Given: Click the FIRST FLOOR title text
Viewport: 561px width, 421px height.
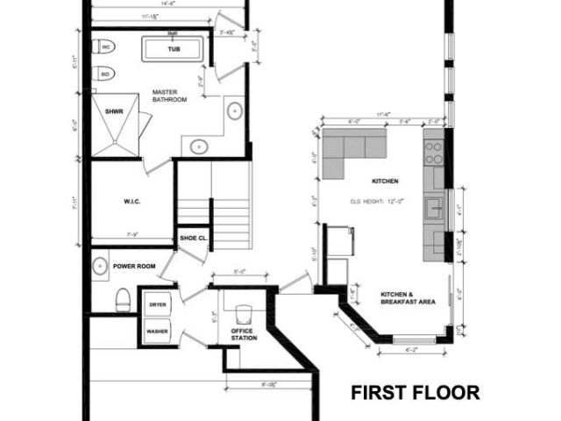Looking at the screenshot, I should click(415, 392).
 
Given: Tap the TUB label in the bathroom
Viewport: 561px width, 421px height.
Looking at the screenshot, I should click(174, 49).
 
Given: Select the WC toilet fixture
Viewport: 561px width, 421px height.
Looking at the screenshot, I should click(103, 46).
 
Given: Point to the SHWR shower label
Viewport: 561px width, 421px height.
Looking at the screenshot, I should click(113, 112).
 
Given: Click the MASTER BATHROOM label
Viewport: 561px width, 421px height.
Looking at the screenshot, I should click(169, 96).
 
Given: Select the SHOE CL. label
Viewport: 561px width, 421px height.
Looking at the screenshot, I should click(193, 238).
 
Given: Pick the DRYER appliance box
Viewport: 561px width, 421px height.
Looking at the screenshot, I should click(158, 304).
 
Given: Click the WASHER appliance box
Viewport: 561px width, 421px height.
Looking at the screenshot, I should click(158, 332).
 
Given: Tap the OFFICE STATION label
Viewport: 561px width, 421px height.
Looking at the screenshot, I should click(243, 334).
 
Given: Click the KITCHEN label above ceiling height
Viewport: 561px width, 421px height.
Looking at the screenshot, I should click(385, 181).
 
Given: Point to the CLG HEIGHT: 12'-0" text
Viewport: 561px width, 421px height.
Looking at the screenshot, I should click(383, 199).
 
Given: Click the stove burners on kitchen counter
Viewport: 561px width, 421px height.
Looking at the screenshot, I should click(434, 153).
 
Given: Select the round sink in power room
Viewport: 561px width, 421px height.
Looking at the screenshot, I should click(100, 264).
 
